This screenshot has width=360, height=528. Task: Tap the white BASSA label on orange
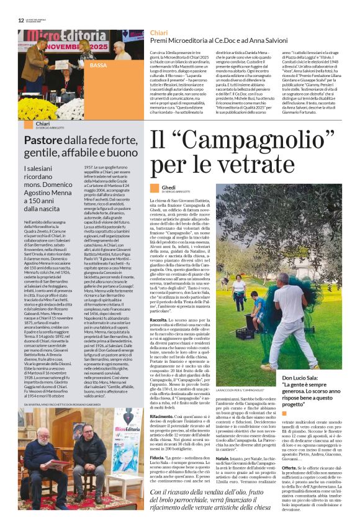click(x=98, y=65)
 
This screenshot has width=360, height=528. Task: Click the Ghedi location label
click(x=168, y=186)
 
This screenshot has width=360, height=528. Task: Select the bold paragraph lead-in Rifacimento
click(x=164, y=398)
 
